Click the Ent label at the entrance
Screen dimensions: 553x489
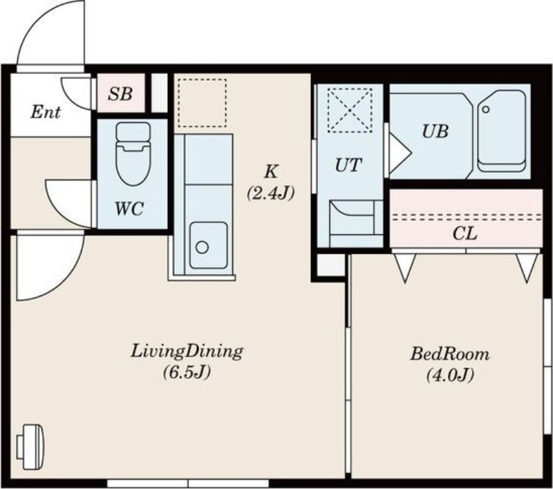tap(46, 113)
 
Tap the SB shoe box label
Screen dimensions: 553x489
tap(120, 94)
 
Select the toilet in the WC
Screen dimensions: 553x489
tap(133, 153)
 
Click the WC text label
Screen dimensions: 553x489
tap(129, 209)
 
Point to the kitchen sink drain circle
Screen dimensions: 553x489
tap(202, 247)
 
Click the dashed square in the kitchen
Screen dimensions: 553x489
tap(202, 103)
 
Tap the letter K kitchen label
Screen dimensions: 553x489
tap(271, 171)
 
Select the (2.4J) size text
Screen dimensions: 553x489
tap(270, 193)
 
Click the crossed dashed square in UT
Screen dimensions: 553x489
tap(350, 111)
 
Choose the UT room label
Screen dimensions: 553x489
tap(348, 165)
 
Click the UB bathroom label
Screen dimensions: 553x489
tap(435, 131)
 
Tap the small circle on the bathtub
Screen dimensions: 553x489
tap(486, 110)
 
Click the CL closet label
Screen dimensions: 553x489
tap(465, 233)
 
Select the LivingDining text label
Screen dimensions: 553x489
tap(187, 352)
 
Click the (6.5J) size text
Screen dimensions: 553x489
tap(187, 372)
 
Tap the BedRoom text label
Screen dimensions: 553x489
tap(450, 354)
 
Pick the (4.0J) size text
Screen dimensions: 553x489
tap(450, 375)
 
